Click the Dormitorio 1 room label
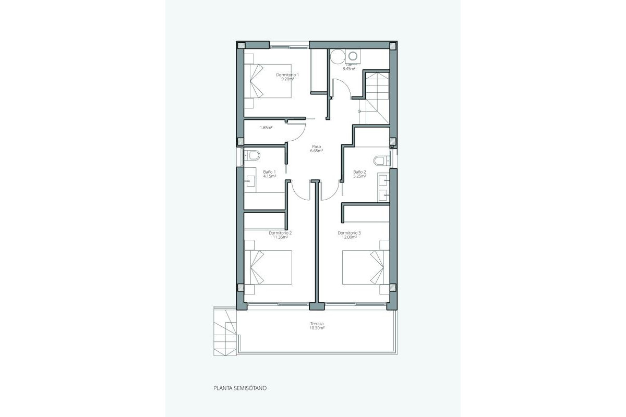coord(287,75)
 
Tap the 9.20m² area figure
coord(287,79)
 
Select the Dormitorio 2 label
coord(280,233)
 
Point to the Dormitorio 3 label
coord(349,233)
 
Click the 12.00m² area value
coord(349,237)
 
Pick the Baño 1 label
coord(269,172)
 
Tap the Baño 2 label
coord(359,172)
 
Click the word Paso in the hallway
coord(317,146)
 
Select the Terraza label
coord(317,324)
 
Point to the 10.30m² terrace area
coord(317,328)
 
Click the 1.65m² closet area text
coord(266,128)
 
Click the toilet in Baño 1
coord(253,155)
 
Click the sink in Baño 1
coord(250,181)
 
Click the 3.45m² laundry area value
coord(348,69)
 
